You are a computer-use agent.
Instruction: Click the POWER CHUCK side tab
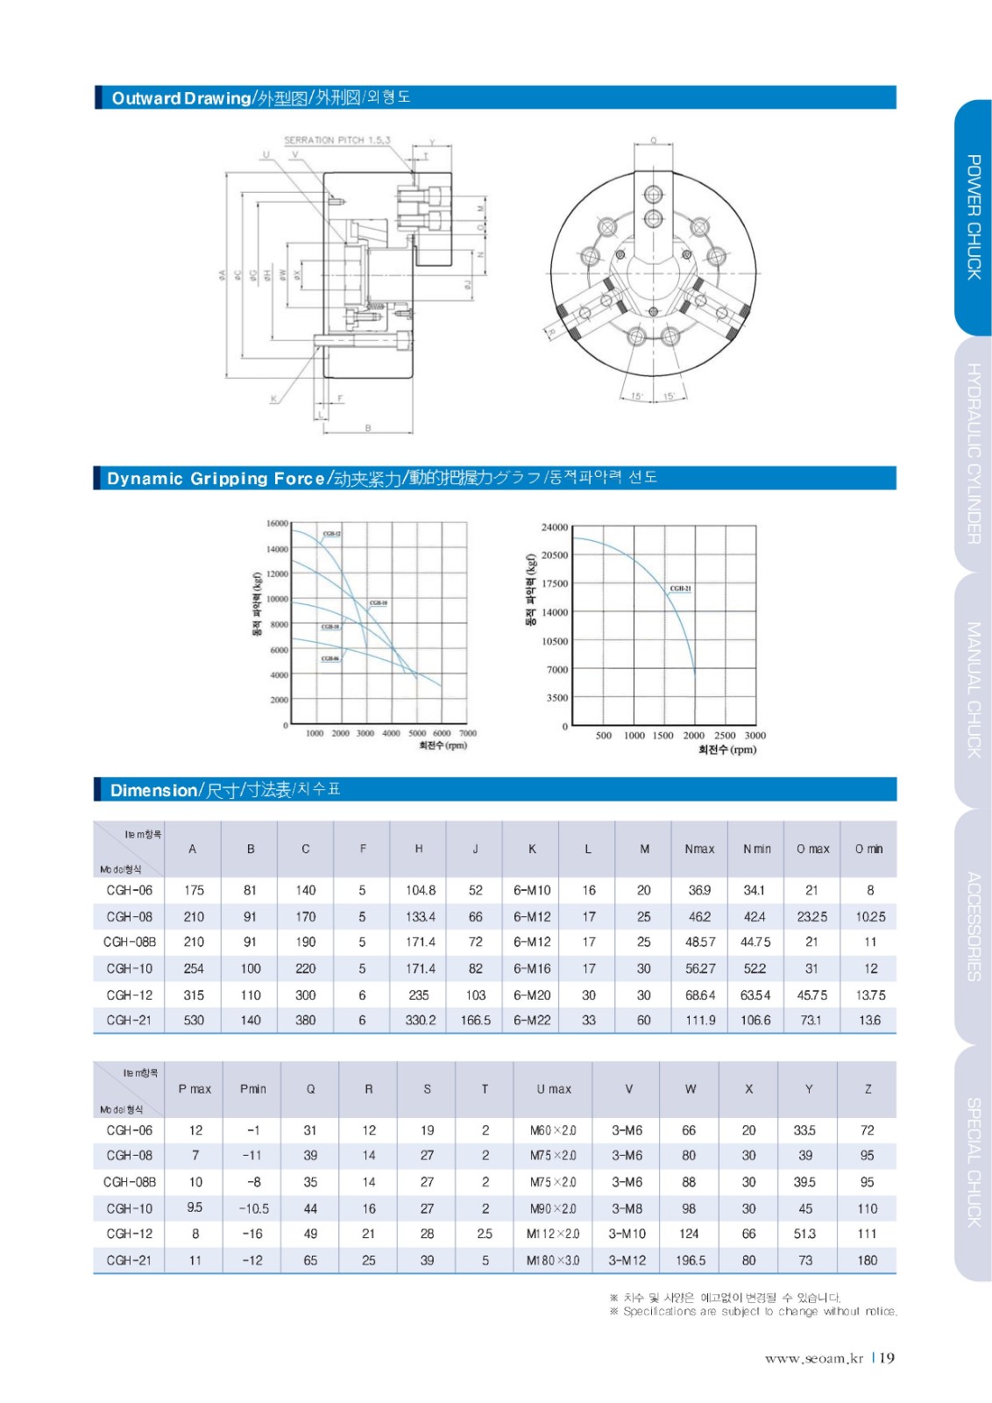973,217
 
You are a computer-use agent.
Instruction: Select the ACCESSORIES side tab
973,925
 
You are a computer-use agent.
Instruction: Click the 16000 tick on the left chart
277,523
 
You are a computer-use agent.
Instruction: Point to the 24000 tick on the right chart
554,527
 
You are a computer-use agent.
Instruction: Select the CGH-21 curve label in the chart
680,588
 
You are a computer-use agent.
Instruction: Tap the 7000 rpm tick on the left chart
468,733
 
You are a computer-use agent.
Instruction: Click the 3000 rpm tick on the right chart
755,735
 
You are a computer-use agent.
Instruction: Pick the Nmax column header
699,849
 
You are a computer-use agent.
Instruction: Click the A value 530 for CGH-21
194,1020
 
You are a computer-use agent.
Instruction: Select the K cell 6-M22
532,1020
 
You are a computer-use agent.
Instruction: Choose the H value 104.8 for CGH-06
421,890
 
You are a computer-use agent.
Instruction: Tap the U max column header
554,1089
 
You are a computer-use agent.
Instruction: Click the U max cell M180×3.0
554,1260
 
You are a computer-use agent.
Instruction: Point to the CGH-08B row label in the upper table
130,942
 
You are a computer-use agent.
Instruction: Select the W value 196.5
691,1260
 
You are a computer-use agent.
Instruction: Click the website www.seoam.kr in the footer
813,1358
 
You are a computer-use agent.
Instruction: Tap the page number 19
887,1357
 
